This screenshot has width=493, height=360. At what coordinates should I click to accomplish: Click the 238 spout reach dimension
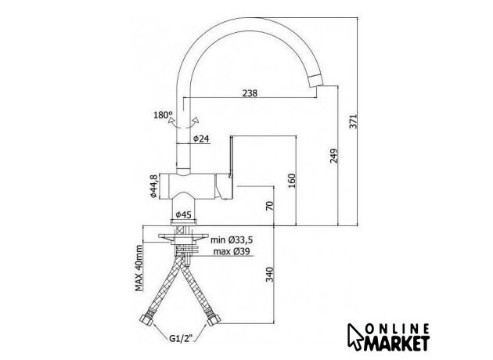[250, 93]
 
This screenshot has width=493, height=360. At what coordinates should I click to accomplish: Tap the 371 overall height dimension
[354, 121]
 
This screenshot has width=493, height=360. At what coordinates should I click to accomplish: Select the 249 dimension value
[334, 156]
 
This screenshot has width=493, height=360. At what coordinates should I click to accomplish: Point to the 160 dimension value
[292, 181]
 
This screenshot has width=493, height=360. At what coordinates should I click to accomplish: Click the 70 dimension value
[270, 206]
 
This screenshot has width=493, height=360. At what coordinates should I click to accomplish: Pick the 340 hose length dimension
[270, 274]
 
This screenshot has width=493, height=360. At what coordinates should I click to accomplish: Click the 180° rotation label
[163, 115]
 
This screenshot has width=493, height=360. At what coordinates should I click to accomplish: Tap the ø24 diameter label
[201, 139]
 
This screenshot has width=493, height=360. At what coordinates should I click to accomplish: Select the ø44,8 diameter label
[153, 186]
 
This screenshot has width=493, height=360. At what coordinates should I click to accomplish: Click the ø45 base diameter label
[183, 214]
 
